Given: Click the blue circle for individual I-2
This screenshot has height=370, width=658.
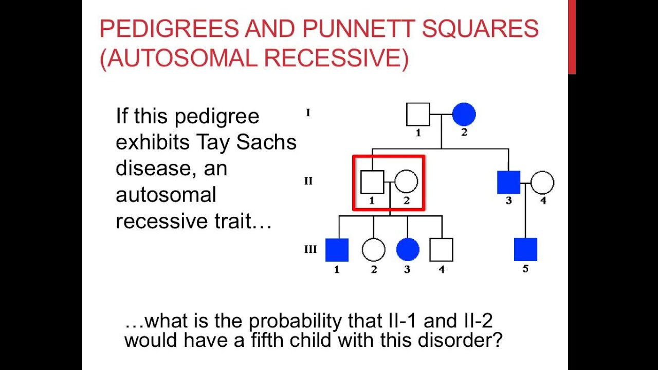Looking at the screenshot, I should [x=464, y=115].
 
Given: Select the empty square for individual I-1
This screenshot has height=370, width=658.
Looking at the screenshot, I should [x=418, y=115].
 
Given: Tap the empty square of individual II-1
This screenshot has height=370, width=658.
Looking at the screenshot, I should [x=372, y=182].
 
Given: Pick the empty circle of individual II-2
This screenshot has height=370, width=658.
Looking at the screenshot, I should [x=406, y=182].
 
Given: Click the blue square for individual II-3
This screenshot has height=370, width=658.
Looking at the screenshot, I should [x=509, y=182].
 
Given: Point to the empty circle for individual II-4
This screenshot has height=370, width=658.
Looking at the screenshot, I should [x=542, y=182].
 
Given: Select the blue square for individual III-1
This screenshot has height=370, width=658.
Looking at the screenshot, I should [x=337, y=250].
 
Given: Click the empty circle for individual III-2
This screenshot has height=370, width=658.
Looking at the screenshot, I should [x=373, y=250].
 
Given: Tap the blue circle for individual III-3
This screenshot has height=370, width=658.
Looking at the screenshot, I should [x=408, y=250].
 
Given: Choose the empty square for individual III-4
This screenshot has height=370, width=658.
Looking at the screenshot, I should [x=442, y=250].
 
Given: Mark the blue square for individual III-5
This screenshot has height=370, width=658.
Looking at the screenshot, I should [x=525, y=250].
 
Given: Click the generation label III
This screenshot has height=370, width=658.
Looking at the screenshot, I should [x=310, y=250].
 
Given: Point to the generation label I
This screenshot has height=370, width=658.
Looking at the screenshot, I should [x=308, y=113].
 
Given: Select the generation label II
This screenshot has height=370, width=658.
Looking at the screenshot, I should [x=308, y=181].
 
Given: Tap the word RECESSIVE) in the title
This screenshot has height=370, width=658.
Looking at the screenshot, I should [x=337, y=59].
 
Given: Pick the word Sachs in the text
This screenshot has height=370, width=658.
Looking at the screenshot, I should [x=266, y=142].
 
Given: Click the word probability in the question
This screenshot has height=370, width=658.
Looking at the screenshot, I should [x=298, y=321].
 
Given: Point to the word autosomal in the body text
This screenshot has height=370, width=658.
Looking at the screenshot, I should [x=166, y=195].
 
